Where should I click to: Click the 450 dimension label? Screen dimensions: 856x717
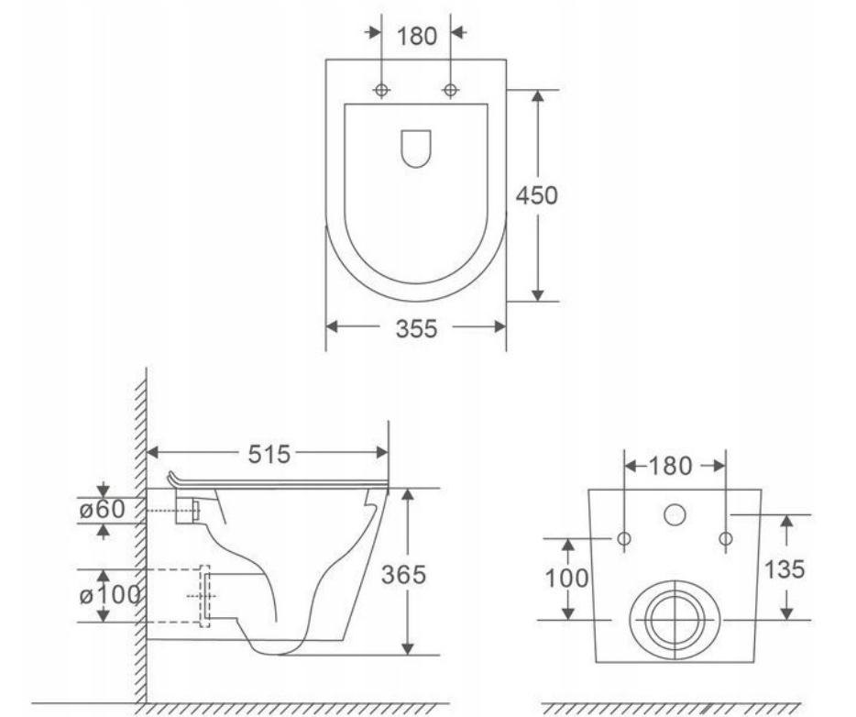537,195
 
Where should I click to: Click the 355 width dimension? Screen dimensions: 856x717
416,328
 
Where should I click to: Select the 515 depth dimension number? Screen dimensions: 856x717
269,454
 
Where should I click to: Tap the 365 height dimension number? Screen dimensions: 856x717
403,575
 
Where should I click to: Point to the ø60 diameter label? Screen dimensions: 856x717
102,510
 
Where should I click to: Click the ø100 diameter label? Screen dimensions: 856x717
110,595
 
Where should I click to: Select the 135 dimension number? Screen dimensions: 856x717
785,569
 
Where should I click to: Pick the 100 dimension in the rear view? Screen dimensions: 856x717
567,579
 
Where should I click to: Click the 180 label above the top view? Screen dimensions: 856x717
416,36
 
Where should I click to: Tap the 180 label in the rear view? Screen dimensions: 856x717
670,466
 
